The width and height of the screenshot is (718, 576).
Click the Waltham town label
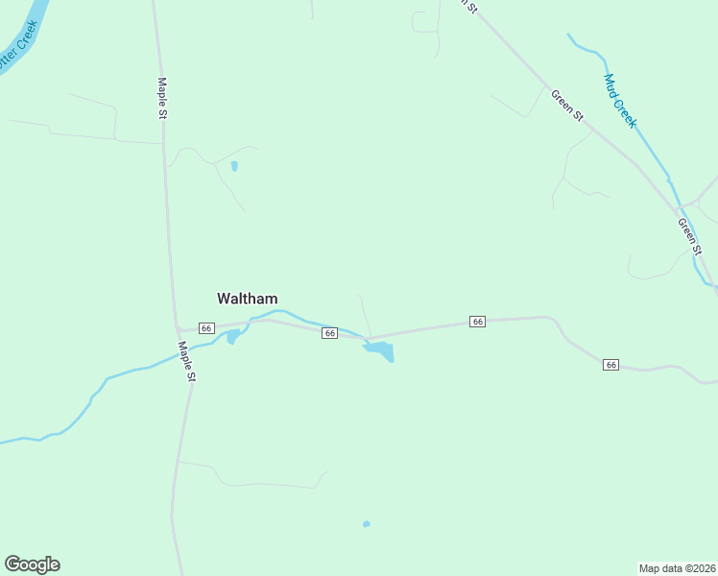coord(248,299)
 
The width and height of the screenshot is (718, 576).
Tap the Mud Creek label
coord(620,101)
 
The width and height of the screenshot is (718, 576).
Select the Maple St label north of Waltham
coord(162,98)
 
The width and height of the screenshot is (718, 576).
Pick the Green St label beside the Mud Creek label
coord(566,105)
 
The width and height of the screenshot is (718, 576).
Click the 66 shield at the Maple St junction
coord(206,327)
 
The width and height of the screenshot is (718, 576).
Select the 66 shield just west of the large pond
coord(329,333)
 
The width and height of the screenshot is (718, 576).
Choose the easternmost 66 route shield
coord(611,365)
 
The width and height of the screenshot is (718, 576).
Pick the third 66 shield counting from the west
coord(477,322)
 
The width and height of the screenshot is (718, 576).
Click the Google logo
coord(32,564)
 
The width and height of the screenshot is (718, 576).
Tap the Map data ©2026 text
coord(677,567)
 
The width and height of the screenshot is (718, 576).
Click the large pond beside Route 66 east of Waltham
coord(381,350)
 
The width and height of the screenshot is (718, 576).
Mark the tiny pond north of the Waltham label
coord(234,166)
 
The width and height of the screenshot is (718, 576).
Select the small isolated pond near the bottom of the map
coord(366,524)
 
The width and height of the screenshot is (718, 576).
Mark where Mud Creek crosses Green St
coord(676,204)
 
